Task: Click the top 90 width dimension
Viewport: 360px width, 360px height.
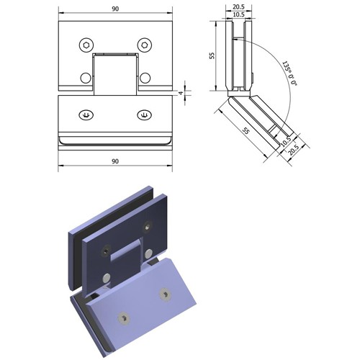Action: (x=115, y=9)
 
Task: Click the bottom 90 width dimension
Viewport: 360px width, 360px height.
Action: (x=115, y=161)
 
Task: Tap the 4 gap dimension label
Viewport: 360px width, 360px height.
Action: (x=181, y=93)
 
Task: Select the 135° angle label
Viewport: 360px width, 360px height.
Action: (x=289, y=73)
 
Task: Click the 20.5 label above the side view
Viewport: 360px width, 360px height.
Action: (x=238, y=6)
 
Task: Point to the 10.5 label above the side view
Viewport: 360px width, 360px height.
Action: (x=238, y=14)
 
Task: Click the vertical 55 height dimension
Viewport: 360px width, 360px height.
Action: (x=212, y=55)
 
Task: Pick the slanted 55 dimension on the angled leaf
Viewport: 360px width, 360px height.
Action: (x=246, y=131)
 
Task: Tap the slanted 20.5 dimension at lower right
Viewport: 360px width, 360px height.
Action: (x=293, y=150)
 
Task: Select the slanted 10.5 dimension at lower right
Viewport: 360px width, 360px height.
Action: (x=286, y=141)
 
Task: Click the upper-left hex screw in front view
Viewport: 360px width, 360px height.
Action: (x=86, y=45)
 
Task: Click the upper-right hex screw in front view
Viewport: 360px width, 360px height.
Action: (x=145, y=45)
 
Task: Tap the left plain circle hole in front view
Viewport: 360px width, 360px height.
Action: (x=86, y=78)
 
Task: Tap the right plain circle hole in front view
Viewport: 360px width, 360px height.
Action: (x=145, y=78)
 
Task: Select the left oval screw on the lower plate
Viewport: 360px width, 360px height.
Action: (x=86, y=115)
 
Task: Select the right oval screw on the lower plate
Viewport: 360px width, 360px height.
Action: (x=144, y=115)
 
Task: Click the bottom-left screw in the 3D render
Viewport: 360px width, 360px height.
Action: (x=124, y=318)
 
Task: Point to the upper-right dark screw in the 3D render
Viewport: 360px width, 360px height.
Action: (x=148, y=227)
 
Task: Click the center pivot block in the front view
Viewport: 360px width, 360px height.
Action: (x=115, y=74)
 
